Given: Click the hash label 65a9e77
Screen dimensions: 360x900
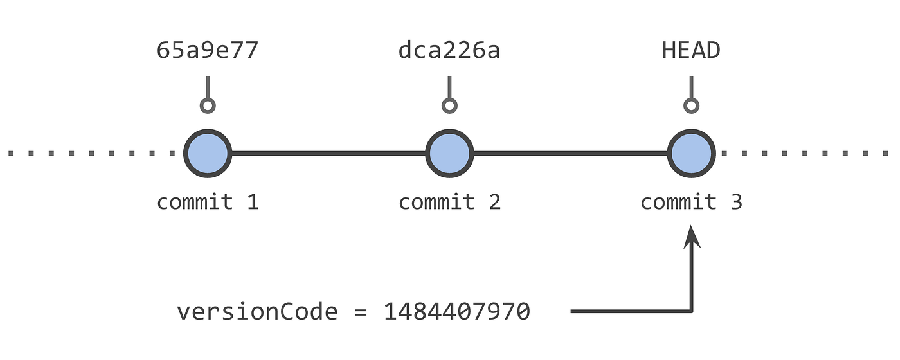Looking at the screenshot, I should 207,51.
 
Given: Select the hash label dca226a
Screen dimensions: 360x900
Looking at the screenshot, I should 449,51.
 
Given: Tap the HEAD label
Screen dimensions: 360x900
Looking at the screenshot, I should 691,51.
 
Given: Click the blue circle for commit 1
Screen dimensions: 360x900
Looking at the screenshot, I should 208,154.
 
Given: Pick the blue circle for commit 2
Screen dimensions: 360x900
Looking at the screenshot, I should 449,154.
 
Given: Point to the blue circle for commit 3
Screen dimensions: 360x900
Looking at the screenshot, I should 691,154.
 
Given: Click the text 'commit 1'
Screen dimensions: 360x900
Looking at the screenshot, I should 207,202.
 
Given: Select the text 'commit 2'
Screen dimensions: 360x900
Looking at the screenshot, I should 449,202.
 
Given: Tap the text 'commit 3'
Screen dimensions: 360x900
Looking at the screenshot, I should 691,202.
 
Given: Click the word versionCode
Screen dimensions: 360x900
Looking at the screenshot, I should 257,312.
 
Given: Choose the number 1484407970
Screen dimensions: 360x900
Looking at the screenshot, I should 457,312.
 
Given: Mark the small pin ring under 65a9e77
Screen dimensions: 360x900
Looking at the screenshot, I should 207,106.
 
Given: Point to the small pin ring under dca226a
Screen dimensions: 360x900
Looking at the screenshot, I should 449,106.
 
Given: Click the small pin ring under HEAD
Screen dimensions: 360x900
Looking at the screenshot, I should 691,106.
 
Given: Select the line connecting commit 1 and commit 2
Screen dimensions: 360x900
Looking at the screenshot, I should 328,154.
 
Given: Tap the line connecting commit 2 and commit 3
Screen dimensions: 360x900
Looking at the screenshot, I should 570,154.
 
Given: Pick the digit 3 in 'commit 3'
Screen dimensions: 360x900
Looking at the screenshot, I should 736,202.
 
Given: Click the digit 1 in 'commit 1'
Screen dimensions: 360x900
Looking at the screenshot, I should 252,202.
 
